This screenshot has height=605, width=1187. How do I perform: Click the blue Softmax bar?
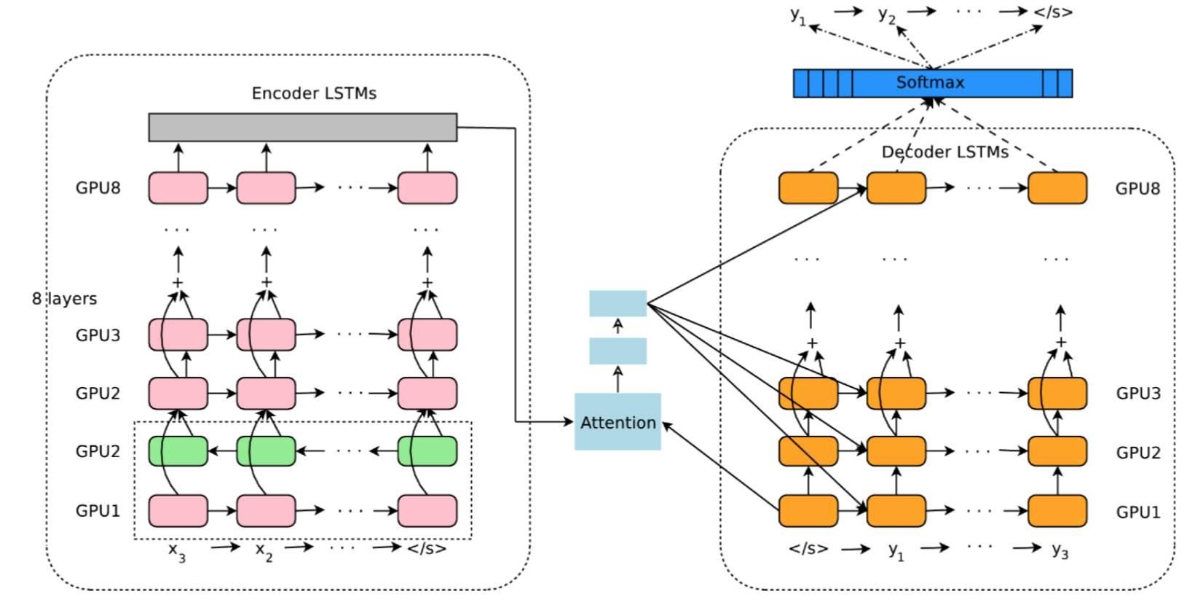click(x=931, y=83)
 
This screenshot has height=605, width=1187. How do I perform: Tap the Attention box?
click(x=618, y=422)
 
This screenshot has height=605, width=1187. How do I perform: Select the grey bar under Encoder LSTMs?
click(x=302, y=127)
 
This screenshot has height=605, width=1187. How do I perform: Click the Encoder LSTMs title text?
click(x=314, y=93)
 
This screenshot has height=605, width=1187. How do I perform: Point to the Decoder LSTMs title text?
click(x=945, y=152)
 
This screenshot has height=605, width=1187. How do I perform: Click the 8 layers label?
click(x=64, y=299)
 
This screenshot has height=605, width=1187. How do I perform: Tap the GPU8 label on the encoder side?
click(x=98, y=188)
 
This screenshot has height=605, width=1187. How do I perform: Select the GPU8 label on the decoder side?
click(x=1137, y=189)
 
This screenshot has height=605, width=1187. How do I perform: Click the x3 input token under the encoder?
click(x=177, y=550)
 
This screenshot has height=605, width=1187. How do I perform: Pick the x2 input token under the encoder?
click(x=264, y=550)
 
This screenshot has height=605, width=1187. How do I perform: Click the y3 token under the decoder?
click(x=1060, y=550)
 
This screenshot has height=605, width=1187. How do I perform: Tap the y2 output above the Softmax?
click(x=886, y=15)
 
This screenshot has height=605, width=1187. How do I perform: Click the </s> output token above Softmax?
click(x=1053, y=12)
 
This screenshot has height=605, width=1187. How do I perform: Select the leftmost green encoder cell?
click(x=178, y=451)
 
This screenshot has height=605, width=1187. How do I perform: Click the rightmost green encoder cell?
click(x=427, y=451)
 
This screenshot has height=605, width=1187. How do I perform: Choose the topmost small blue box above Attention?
click(x=618, y=303)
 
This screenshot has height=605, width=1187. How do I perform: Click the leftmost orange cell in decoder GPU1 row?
click(x=808, y=511)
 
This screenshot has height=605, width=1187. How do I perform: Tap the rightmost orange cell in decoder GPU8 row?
click(x=1057, y=188)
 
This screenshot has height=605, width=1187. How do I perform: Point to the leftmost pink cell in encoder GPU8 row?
click(x=178, y=188)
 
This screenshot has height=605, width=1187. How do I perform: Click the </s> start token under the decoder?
click(x=808, y=549)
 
